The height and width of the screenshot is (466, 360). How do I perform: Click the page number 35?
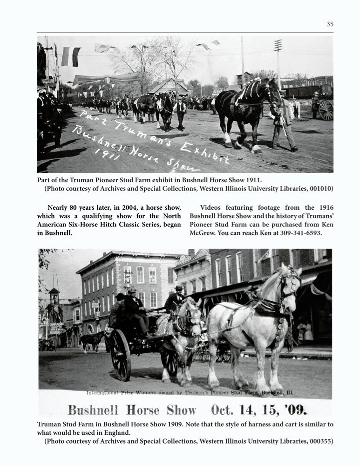coord(330,24)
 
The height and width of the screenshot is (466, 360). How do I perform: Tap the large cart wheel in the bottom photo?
coord(121,354)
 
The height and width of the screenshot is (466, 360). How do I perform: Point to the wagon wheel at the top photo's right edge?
coord(326,110)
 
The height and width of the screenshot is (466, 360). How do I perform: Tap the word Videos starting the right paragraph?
coord(212,207)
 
